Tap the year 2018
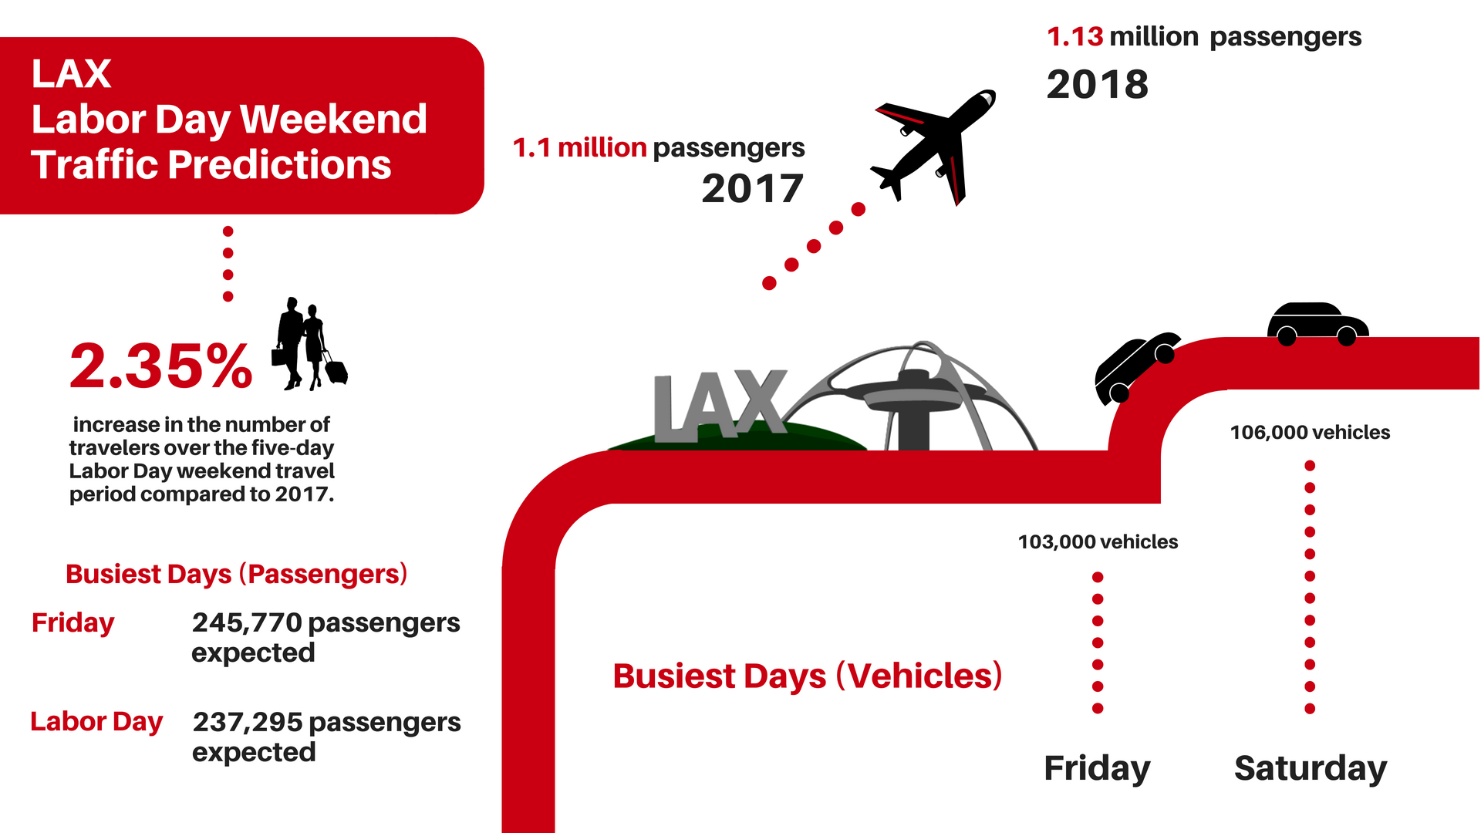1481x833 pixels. (x=1098, y=84)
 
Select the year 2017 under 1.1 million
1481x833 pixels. (x=753, y=189)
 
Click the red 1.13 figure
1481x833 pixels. (x=1074, y=36)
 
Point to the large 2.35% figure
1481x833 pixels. (x=160, y=366)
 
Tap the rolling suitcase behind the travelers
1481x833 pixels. (x=336, y=369)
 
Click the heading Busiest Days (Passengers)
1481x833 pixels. (x=236, y=575)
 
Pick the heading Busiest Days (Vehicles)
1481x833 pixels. (x=808, y=676)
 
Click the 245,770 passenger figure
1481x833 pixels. (x=247, y=622)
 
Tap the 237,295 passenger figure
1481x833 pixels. (x=248, y=722)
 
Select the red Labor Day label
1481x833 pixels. (x=96, y=722)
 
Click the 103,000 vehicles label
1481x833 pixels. (x=1098, y=542)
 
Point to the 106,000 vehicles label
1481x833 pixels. (x=1310, y=433)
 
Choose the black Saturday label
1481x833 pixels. (x=1311, y=768)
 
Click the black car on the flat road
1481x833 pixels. (x=1317, y=323)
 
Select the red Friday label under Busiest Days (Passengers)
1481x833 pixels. (x=73, y=623)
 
